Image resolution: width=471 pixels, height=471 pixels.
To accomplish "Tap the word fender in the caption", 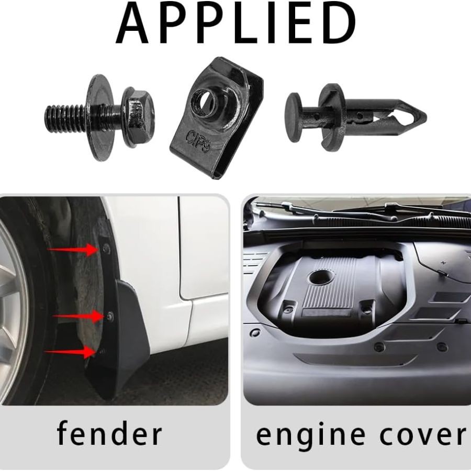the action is [109, 434].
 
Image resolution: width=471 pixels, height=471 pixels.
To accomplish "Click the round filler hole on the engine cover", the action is [321, 277].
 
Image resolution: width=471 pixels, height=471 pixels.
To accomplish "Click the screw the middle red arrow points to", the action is [110, 317].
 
